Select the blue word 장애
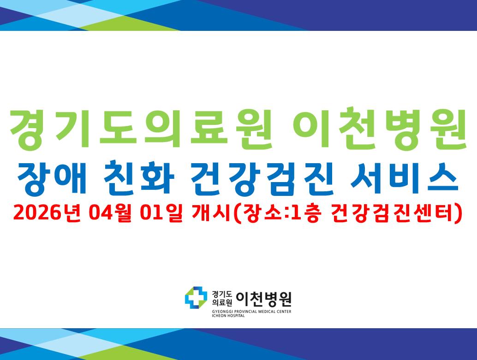point(51,179)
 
